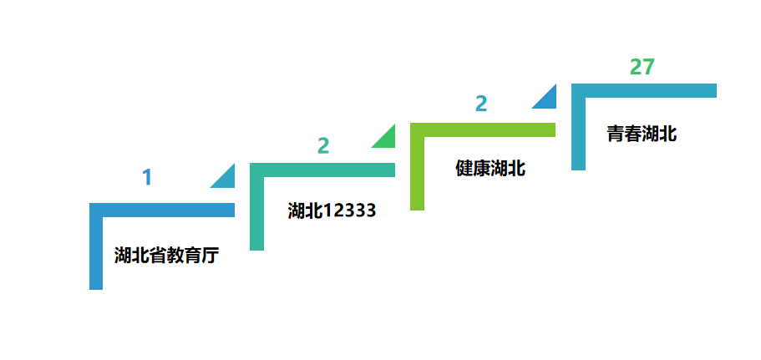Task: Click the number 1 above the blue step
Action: pyautogui.click(x=147, y=177)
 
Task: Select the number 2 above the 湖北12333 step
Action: pyautogui.click(x=323, y=145)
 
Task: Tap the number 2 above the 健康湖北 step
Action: pyautogui.click(x=481, y=104)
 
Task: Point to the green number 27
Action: pyautogui.click(x=642, y=67)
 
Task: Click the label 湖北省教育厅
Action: pyautogui.click(x=167, y=256)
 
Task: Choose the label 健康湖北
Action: pyautogui.click(x=490, y=169)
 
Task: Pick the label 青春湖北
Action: pyautogui.click(x=642, y=134)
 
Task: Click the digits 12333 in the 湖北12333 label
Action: pyautogui.click(x=349, y=210)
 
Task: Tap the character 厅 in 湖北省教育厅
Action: pyautogui.click(x=211, y=256)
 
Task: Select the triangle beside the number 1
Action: pyautogui.click(x=226, y=180)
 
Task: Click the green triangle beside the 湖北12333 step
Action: pyautogui.click(x=387, y=139)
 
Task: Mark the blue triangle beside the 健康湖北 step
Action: pyautogui.click(x=548, y=100)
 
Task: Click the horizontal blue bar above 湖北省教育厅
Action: pyautogui.click(x=162, y=210)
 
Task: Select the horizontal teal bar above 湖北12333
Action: pyautogui.click(x=322, y=170)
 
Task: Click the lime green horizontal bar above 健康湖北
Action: pyautogui.click(x=483, y=130)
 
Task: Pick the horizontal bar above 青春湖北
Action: pyautogui.click(x=644, y=91)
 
